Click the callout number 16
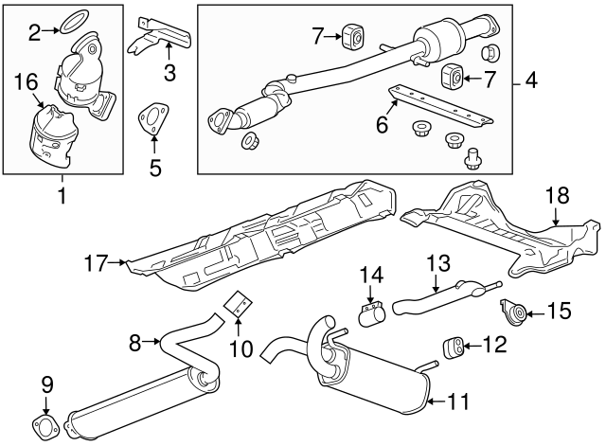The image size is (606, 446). click(27, 85)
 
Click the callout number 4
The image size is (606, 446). click(531, 81)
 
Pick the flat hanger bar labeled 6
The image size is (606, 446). click(443, 103)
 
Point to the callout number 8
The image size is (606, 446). click(135, 340)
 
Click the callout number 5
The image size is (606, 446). click(155, 169)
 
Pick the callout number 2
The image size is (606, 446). click(34, 34)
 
